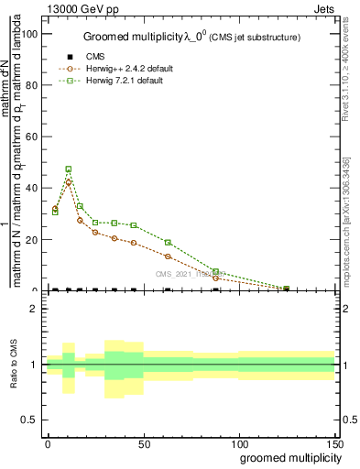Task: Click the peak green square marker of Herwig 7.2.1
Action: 69,169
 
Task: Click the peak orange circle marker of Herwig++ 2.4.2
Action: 69,182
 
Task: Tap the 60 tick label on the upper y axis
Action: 30,136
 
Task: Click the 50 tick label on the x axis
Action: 143,442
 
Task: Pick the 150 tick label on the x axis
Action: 334,442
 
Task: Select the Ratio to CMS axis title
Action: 14,365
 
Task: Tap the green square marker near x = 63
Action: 168,243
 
